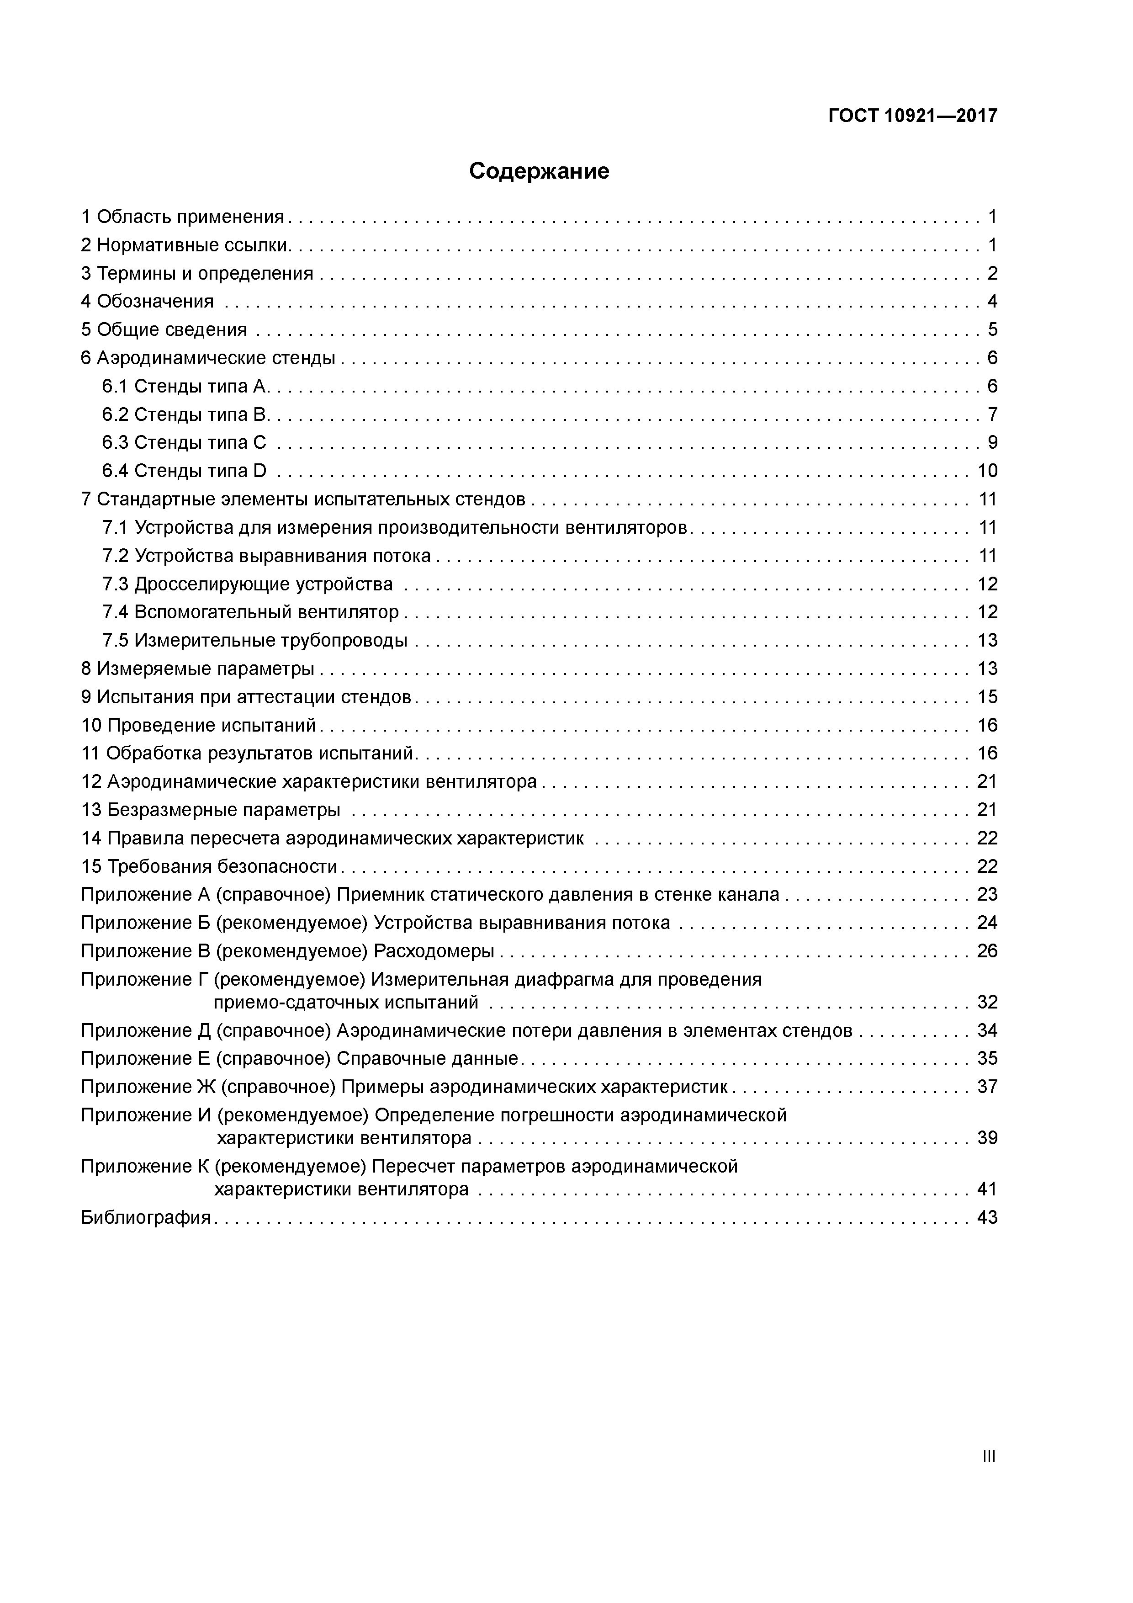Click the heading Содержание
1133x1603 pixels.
539,171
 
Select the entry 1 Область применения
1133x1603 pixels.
183,217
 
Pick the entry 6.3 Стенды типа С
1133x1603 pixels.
184,443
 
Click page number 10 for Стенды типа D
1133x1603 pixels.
987,471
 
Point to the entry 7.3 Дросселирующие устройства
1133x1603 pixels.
247,584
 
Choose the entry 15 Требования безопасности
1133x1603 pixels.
209,866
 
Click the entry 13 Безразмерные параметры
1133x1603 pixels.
211,810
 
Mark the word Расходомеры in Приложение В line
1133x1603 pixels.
434,951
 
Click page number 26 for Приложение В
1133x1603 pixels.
987,951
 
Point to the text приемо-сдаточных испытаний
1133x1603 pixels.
345,1003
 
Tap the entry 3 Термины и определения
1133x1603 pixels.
197,274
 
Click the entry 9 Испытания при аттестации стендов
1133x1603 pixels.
246,697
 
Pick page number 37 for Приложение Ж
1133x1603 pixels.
987,1087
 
